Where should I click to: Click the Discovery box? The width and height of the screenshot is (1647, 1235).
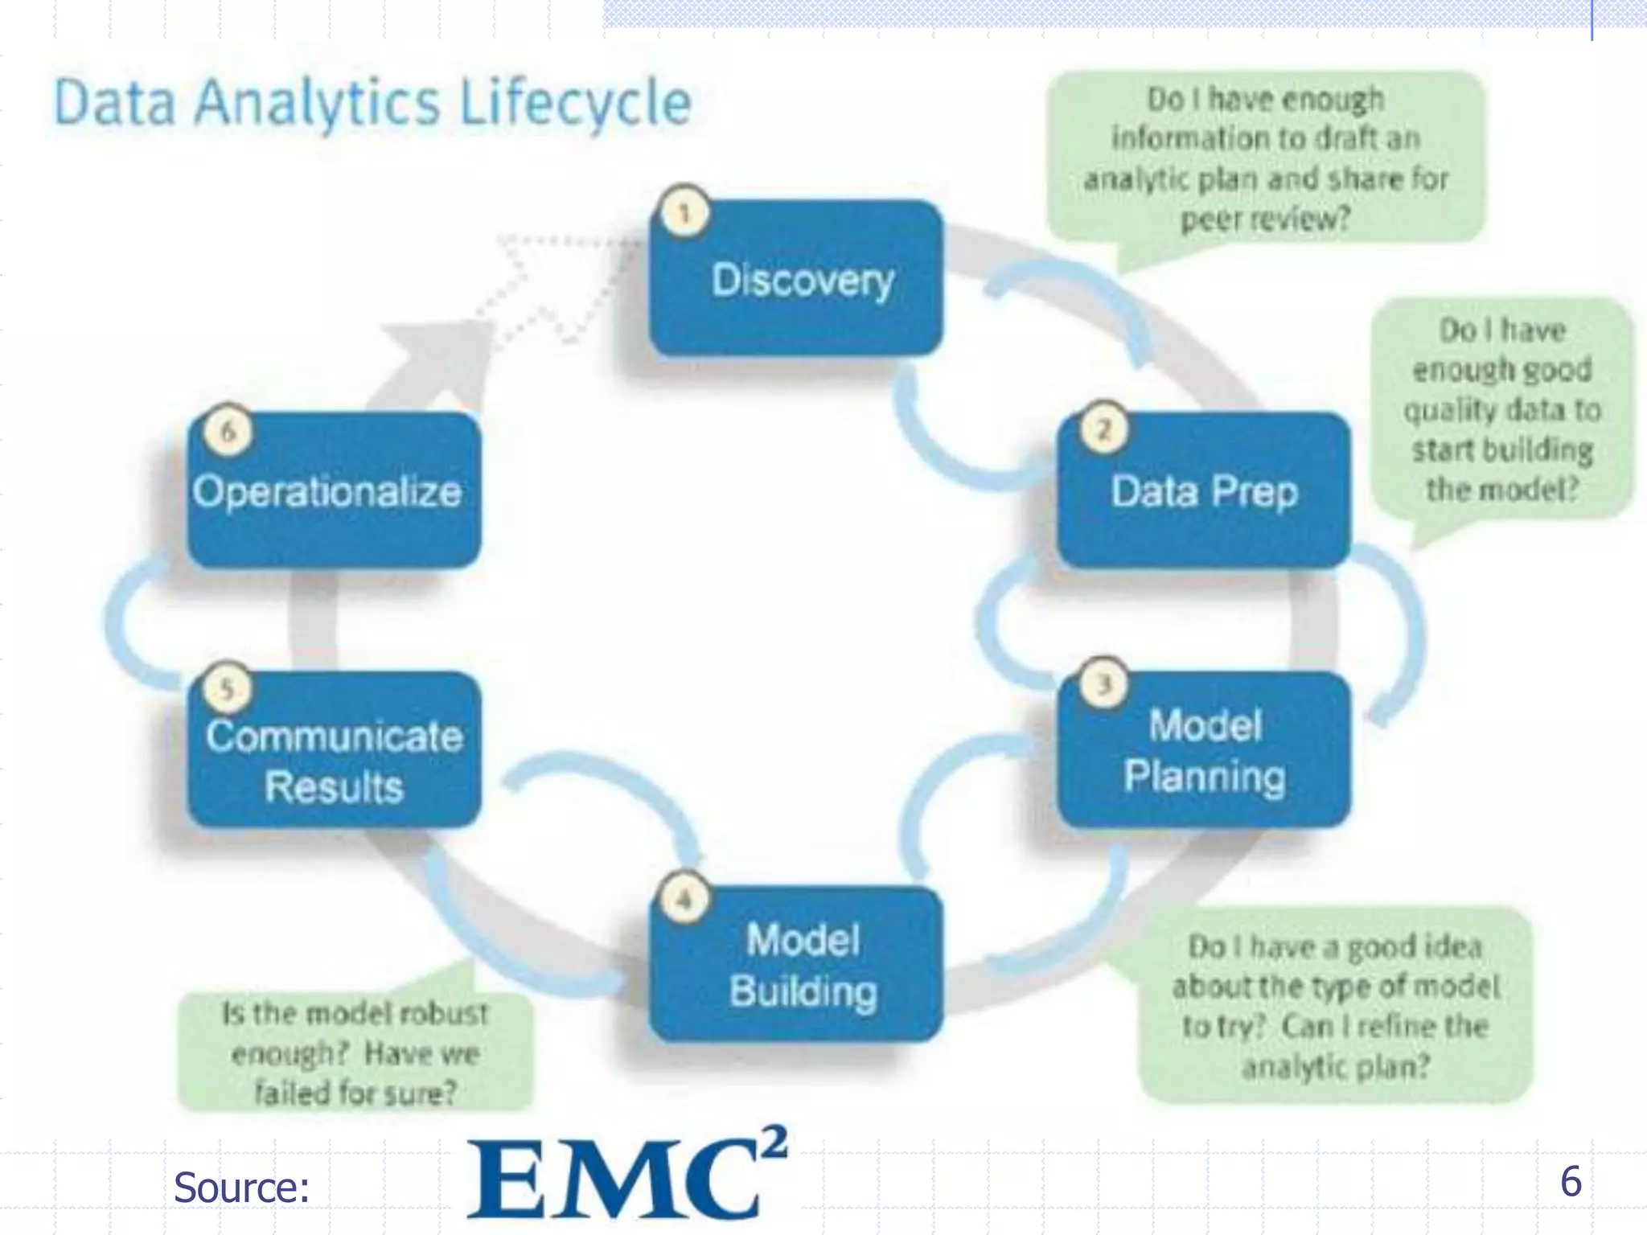pyautogui.click(x=796, y=279)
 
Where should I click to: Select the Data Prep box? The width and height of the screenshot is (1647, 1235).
pyautogui.click(x=1203, y=490)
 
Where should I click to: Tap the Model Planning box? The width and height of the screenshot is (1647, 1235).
pyautogui.click(x=1203, y=750)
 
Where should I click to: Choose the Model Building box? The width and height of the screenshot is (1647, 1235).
pyautogui.click(x=796, y=964)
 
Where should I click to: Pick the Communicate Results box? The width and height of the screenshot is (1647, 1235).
pyautogui.click(x=335, y=750)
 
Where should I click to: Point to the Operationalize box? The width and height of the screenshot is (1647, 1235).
pyautogui.click(x=335, y=490)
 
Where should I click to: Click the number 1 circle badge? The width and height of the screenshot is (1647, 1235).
pyautogui.click(x=684, y=213)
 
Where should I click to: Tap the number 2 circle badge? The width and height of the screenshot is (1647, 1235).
pyautogui.click(x=1103, y=429)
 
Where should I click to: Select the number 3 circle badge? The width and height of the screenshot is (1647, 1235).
pyautogui.click(x=1103, y=684)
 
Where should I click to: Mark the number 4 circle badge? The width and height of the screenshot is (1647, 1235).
pyautogui.click(x=684, y=899)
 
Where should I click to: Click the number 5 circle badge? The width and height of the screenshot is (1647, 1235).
pyautogui.click(x=228, y=688)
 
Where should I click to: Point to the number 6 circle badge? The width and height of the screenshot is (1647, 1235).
pyautogui.click(x=228, y=432)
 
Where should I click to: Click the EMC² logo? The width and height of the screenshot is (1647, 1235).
pyautogui.click(x=626, y=1176)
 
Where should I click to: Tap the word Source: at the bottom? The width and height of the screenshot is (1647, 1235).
pyautogui.click(x=241, y=1188)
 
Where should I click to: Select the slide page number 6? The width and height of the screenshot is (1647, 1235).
pyautogui.click(x=1571, y=1181)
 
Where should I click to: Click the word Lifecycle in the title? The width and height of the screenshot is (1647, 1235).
pyautogui.click(x=576, y=103)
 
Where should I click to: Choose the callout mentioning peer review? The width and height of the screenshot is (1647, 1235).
pyautogui.click(x=1266, y=158)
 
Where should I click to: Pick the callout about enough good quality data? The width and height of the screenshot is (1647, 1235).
pyautogui.click(x=1502, y=409)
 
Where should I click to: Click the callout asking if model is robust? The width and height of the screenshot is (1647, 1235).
pyautogui.click(x=355, y=1052)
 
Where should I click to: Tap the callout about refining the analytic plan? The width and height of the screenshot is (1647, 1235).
pyautogui.click(x=1335, y=1006)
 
